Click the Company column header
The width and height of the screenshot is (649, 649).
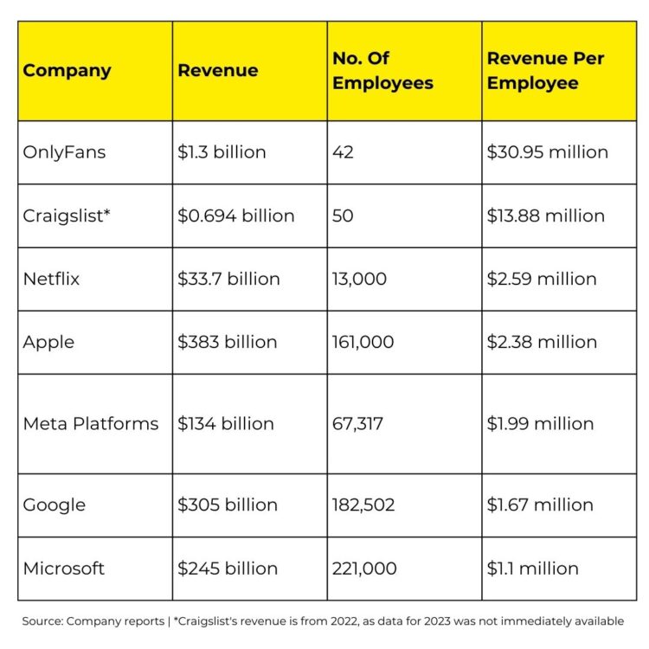pyautogui.click(x=67, y=71)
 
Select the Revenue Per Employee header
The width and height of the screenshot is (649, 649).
pyautogui.click(x=545, y=71)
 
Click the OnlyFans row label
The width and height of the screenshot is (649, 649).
pyautogui.click(x=65, y=152)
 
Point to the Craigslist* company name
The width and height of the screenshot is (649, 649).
pyautogui.click(x=67, y=215)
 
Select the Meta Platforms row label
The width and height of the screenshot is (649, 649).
pyautogui.click(x=91, y=424)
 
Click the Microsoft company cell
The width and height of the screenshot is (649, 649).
pyautogui.click(x=64, y=569)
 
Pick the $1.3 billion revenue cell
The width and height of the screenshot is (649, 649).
pyautogui.click(x=222, y=152)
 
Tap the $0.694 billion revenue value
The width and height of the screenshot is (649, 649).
pyautogui.click(x=235, y=215)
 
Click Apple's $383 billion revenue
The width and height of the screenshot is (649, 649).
pyautogui.click(x=228, y=342)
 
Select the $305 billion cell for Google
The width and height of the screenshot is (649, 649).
pyautogui.click(x=228, y=504)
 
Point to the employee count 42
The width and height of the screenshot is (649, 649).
pyautogui.click(x=344, y=152)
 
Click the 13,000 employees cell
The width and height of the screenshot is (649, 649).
pyautogui.click(x=359, y=279)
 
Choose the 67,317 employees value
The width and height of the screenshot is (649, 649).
pyautogui.click(x=357, y=424)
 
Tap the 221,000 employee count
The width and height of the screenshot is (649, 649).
pyautogui.click(x=364, y=569)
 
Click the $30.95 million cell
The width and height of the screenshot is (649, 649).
pyautogui.click(x=548, y=152)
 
